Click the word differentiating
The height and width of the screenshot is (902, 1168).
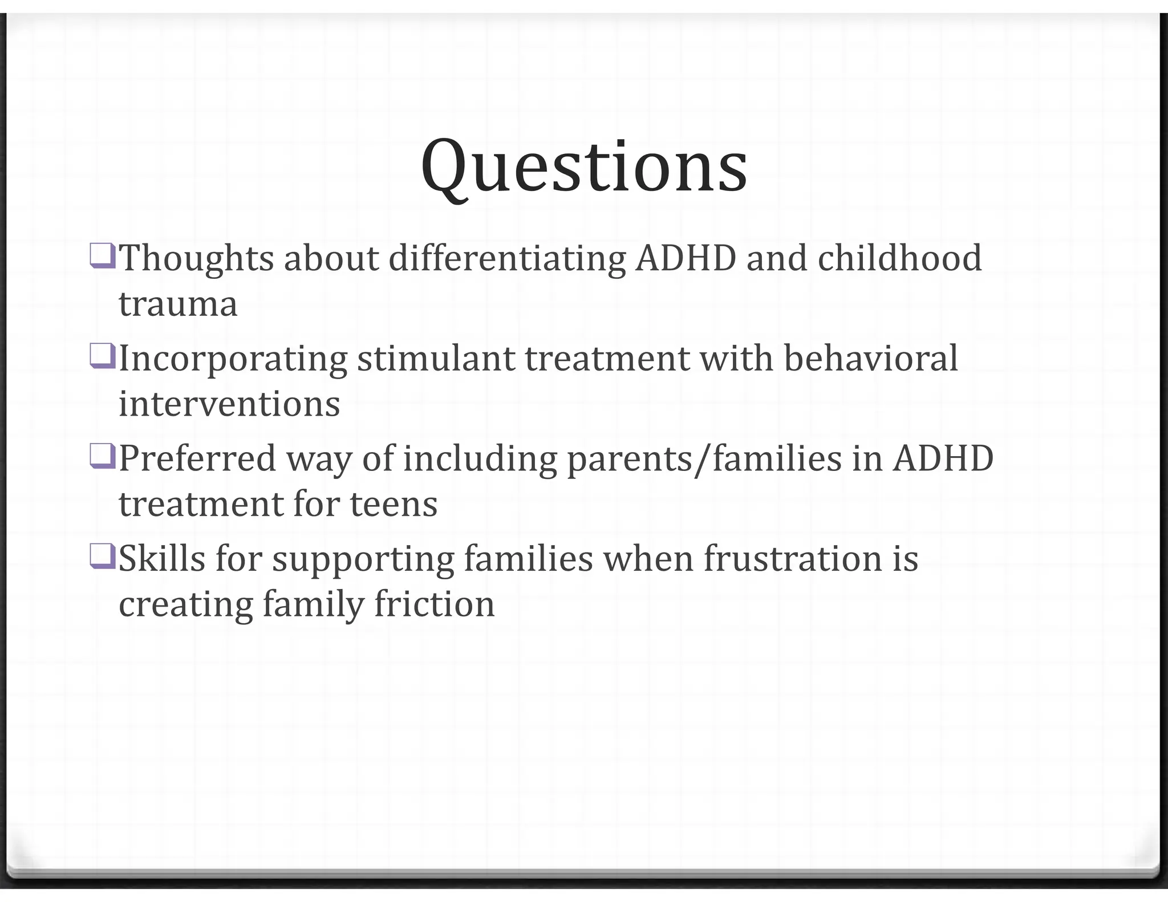(506, 258)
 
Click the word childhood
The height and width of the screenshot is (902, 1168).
(899, 258)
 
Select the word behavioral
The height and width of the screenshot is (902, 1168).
(870, 359)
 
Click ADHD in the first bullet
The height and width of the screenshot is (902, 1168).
(686, 258)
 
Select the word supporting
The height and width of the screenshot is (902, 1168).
(363, 560)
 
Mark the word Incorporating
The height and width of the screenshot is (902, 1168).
(233, 360)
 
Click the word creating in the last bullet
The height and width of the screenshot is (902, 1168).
(186, 605)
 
